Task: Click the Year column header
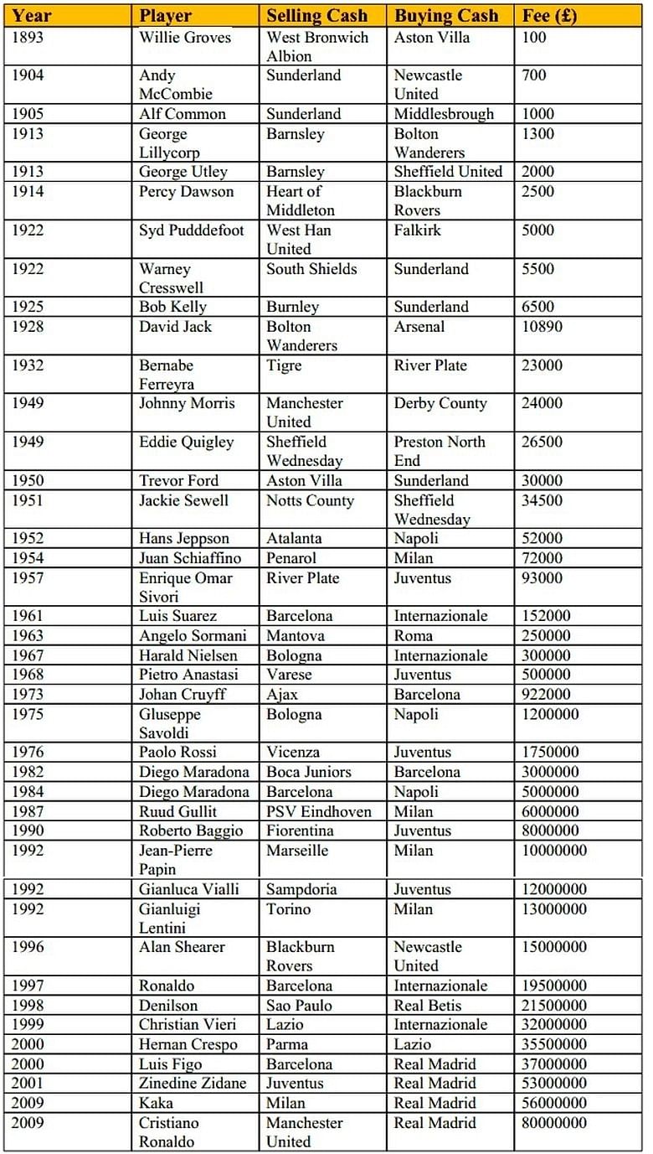32,15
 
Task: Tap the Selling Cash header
316,15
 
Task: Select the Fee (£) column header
549,15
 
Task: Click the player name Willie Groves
185,38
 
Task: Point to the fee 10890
542,327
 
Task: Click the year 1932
28,365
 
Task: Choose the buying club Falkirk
417,230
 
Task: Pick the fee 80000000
554,1123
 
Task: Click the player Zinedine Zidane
193,1084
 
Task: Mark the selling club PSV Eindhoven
319,811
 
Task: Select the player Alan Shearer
183,947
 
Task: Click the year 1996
28,947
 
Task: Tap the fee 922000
546,695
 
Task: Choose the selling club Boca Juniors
309,772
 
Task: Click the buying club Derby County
440,403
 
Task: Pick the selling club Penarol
291,558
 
